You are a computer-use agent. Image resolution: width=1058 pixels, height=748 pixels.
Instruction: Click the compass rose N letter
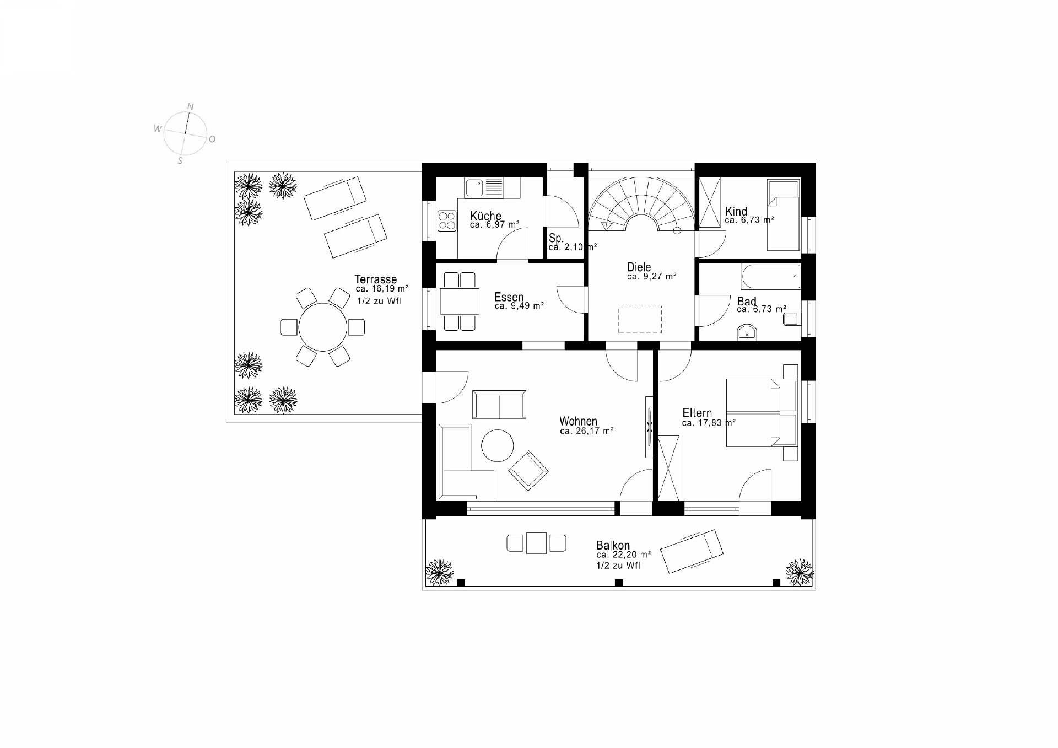point(191,106)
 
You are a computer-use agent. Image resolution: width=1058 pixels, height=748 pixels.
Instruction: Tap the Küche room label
point(485,216)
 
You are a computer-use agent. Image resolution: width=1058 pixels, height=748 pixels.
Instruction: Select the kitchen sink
point(484,187)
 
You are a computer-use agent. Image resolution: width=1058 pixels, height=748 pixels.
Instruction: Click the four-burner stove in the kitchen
point(447,221)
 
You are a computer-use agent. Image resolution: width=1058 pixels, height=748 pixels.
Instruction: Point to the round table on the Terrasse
point(323,327)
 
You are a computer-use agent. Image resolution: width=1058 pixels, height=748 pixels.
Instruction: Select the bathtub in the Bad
point(771,277)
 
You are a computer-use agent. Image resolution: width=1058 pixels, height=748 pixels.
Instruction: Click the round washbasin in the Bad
point(747,332)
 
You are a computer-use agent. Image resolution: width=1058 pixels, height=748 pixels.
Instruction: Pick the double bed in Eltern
point(762,412)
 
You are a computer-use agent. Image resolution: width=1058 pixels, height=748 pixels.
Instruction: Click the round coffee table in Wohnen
point(498,445)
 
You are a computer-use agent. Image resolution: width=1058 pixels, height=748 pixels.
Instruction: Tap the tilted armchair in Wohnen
point(528,471)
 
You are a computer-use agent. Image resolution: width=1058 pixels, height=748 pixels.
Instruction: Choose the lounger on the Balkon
point(692,551)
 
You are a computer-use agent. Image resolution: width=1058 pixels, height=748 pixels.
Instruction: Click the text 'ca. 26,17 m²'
point(587,431)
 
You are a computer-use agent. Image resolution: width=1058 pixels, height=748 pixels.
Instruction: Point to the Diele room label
point(639,267)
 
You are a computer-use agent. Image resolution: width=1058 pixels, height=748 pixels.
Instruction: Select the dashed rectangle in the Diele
point(640,320)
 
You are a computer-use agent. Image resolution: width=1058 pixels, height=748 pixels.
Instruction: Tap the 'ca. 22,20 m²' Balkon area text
point(623,555)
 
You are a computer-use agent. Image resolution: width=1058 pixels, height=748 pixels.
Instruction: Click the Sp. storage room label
point(556,238)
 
